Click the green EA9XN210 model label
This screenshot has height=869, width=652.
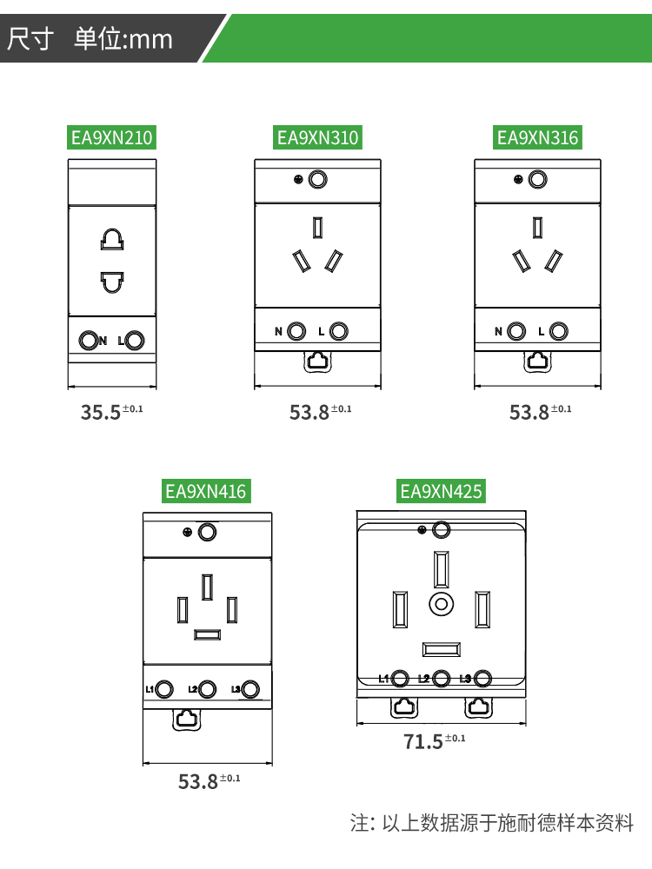pos(111,137)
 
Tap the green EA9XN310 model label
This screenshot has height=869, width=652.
pos(317,137)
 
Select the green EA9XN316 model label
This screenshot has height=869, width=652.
pos(537,137)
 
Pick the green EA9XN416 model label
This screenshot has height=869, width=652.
pos(206,491)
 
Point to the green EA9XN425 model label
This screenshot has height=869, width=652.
pos(441,491)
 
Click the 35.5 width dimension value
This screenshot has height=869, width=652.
pos(101,413)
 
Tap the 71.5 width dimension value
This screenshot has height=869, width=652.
pos(423,742)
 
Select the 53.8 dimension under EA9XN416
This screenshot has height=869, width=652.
pos(198,781)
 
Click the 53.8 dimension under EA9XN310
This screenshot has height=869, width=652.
pos(309,413)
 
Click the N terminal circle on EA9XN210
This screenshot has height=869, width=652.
pos(88,341)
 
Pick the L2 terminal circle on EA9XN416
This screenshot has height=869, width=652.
pos(207,689)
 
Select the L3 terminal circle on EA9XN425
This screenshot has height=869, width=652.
pos(483,679)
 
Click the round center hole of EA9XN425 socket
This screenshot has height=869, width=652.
pos(442,604)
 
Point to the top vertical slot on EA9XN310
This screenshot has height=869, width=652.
pos(317,228)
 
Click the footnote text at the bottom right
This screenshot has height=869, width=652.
pos(492,823)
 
